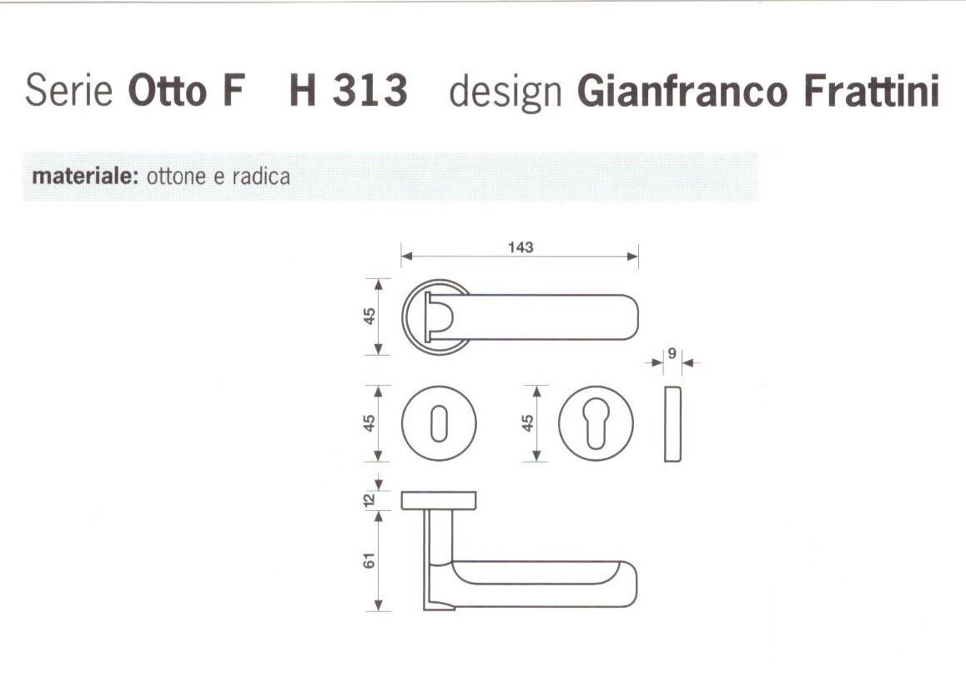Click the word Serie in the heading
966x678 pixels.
point(68,91)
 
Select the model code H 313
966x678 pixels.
point(348,91)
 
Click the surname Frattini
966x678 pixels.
point(871,91)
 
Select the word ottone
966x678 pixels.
point(174,177)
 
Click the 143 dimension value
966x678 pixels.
point(520,247)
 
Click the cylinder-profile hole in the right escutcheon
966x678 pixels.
point(594,422)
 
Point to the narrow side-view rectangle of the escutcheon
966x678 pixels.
point(672,423)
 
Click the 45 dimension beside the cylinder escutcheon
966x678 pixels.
point(527,422)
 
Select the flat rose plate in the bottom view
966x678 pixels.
point(439,500)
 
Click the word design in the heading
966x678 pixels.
point(506,91)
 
